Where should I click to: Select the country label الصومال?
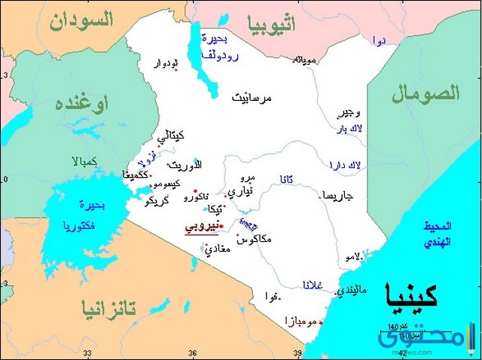(x=425, y=94)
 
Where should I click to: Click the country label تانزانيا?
(x=110, y=308)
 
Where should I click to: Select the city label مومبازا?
(x=301, y=321)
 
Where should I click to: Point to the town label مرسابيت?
(x=252, y=98)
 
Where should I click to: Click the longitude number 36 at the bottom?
(x=193, y=353)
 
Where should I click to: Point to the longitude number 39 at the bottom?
(x=298, y=353)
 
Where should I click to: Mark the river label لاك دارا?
(x=346, y=164)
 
